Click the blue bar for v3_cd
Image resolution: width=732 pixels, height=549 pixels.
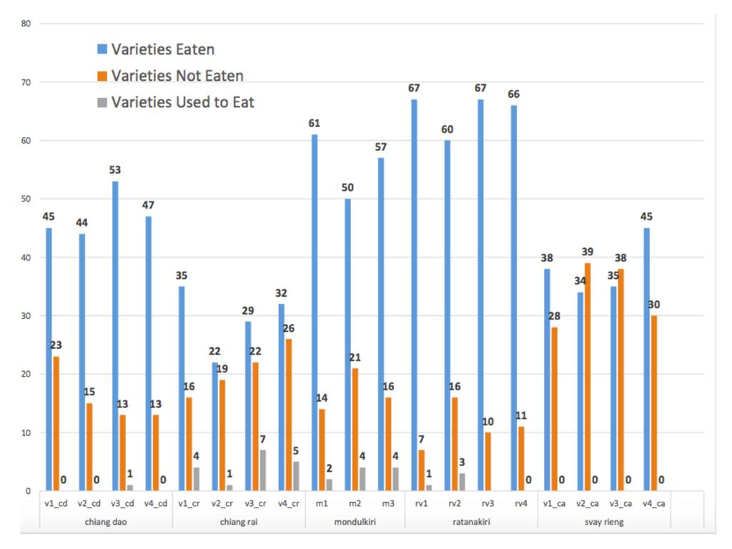click(x=115, y=336)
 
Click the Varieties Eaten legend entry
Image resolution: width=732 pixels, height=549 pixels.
click(x=162, y=49)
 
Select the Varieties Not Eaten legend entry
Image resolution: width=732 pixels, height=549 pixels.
click(x=177, y=76)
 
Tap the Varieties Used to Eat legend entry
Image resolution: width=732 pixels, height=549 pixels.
click(x=182, y=102)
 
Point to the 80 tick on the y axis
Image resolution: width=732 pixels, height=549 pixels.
click(x=26, y=24)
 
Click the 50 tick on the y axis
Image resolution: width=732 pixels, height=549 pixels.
click(x=26, y=199)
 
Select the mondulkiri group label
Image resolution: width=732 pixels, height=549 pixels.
click(x=355, y=522)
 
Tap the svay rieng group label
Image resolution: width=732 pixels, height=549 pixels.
click(x=604, y=522)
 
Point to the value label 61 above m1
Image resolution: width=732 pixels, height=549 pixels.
click(x=315, y=123)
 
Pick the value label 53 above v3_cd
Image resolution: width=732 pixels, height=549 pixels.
click(x=115, y=170)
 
